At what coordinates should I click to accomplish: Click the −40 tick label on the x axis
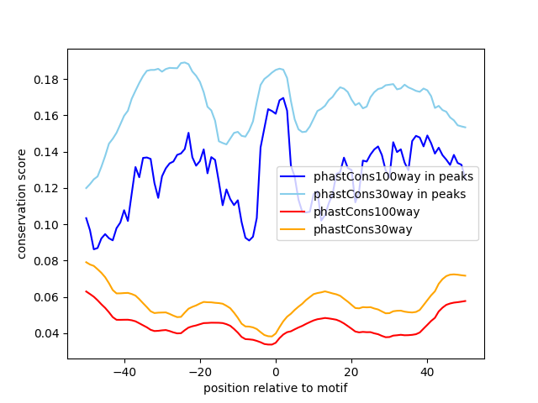pos(124,371)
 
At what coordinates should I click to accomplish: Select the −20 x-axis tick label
pos(199,371)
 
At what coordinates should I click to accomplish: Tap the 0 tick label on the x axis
pos(276,371)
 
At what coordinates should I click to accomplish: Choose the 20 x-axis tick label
pos(351,371)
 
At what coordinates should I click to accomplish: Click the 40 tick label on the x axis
pos(427,371)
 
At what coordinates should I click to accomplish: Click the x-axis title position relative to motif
pos(275,388)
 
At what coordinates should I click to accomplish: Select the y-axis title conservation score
pos(22,203)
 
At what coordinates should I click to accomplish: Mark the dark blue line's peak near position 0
pos(282,98)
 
